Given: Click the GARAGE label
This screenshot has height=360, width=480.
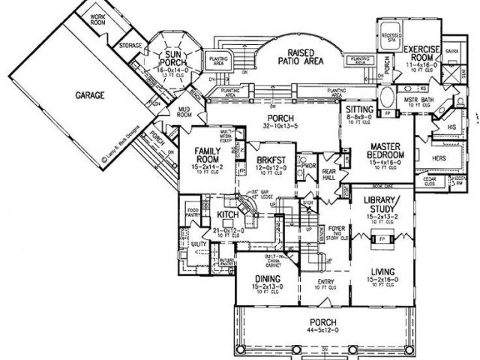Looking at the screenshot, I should pyautogui.click(x=89, y=96).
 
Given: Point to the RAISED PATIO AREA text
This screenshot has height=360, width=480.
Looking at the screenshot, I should pyautogui.click(x=300, y=58).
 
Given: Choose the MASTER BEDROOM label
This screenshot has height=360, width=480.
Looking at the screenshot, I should pyautogui.click(x=387, y=150).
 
